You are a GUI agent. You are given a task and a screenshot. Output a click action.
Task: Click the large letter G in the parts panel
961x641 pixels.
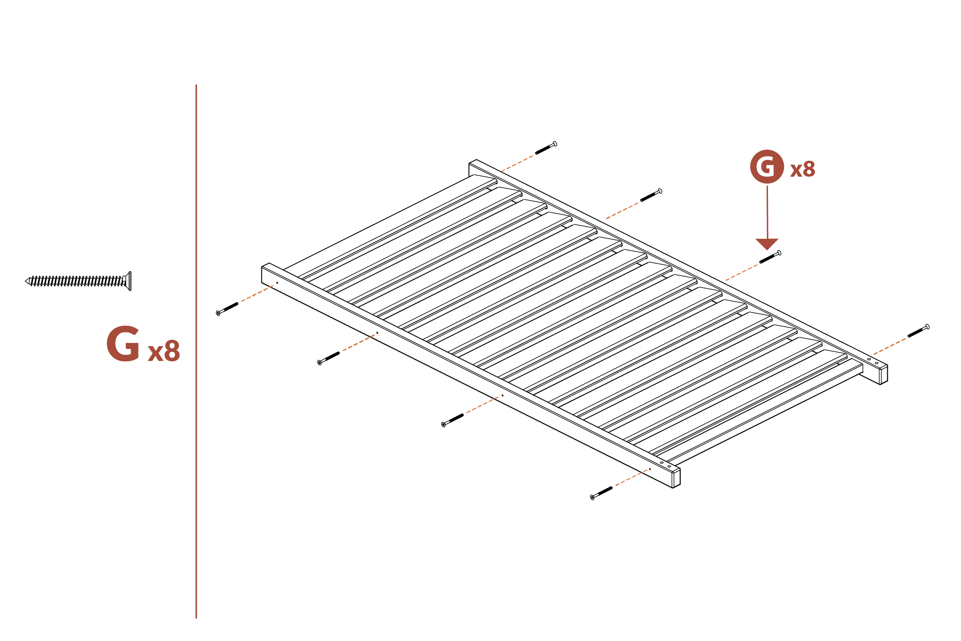(123, 344)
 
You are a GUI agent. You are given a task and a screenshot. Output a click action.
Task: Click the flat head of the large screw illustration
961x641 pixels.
(129, 281)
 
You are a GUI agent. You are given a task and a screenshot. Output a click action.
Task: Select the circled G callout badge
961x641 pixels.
(766, 167)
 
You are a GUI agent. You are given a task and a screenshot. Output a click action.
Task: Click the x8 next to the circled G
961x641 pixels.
(802, 169)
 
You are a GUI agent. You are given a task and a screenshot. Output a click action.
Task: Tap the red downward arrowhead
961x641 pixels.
(767, 244)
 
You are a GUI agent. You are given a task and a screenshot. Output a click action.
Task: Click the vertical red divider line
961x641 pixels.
(196, 352)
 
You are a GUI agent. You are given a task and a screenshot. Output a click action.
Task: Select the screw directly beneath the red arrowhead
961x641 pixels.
(770, 257)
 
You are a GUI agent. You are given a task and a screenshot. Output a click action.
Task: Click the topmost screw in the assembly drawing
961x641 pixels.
(546, 147)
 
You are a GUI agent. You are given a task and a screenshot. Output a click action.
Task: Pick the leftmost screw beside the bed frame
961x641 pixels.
(227, 308)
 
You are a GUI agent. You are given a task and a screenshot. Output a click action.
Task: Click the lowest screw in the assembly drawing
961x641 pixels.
(601, 493)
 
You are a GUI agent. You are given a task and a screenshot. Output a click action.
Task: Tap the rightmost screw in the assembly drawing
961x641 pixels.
(918, 331)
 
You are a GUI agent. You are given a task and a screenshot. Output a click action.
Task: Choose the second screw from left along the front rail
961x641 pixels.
(328, 358)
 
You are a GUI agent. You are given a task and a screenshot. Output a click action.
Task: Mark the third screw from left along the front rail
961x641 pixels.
(453, 420)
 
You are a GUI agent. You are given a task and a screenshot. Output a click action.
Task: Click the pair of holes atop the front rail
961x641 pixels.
(665, 464)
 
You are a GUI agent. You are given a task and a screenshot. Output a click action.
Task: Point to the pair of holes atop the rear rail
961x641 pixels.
(873, 361)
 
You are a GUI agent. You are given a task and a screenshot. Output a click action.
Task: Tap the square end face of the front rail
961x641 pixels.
(676, 478)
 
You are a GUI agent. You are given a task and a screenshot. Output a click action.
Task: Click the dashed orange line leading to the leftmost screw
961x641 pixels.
(257, 294)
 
